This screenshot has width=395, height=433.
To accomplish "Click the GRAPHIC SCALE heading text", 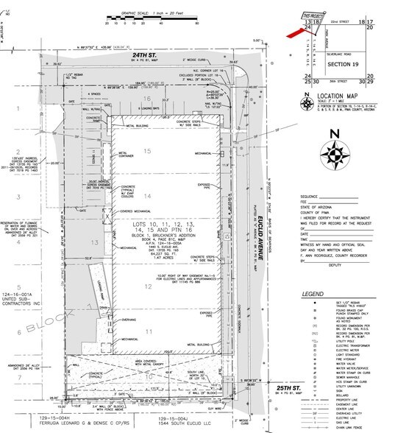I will coord(137,4).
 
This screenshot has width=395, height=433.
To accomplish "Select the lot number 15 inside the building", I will coord(148,152).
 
